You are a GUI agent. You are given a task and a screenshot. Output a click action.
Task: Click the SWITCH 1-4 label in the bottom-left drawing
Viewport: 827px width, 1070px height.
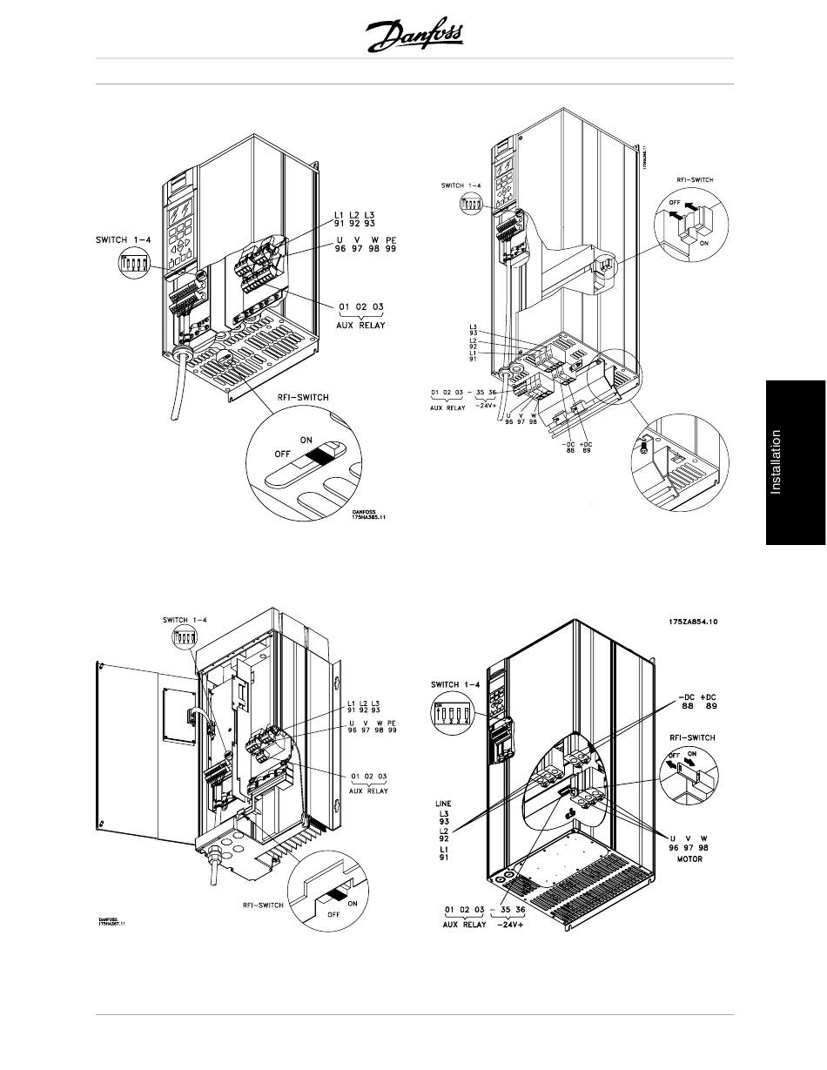point(185,619)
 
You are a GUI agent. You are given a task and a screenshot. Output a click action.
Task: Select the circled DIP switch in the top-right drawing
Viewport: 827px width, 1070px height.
point(470,203)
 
